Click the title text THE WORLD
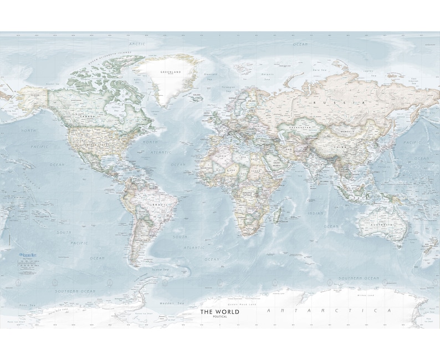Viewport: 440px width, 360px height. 220,312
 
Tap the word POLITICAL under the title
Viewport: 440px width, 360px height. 220,317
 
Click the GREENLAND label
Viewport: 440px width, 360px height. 171,73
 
